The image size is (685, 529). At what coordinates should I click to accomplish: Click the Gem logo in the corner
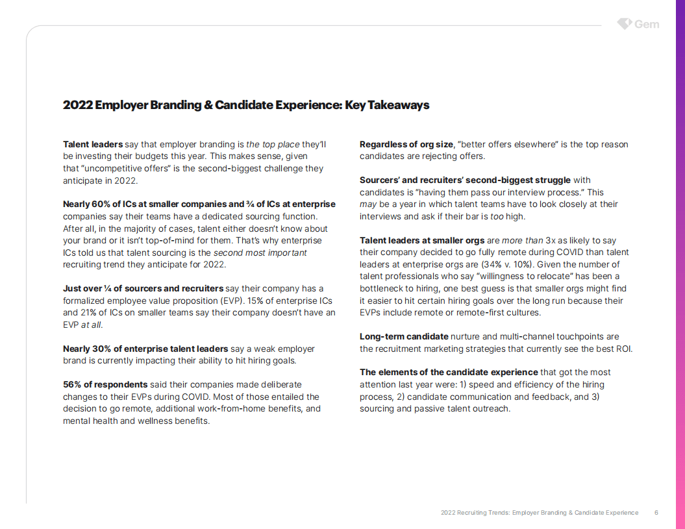[x=638, y=24]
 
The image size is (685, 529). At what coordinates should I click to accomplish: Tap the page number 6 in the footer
[x=656, y=513]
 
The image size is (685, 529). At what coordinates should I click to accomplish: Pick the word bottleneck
[x=383, y=288]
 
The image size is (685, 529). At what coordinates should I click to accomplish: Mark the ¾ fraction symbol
[x=251, y=204]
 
